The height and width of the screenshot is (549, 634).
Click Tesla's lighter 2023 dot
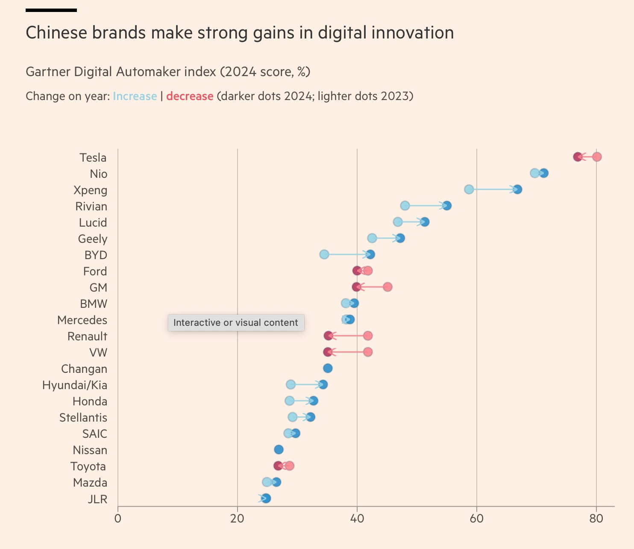pos(597,157)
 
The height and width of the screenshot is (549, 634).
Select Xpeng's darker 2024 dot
pos(517,189)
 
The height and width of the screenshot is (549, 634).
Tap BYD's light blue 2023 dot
pos(324,254)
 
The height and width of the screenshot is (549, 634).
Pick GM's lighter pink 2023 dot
pos(387,287)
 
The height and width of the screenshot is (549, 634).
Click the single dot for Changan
pos(328,368)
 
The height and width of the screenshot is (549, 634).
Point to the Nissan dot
pos(279,449)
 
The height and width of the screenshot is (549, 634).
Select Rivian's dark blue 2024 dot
pos(447,206)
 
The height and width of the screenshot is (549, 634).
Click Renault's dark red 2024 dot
pos(328,336)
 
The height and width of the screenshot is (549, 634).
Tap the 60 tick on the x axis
pos(476,519)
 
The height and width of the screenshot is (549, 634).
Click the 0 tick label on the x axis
pos(118,519)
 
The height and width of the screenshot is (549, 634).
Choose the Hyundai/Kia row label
pos(75,385)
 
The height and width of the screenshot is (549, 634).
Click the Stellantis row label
pos(83,418)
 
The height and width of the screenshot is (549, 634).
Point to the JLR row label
pos(97,499)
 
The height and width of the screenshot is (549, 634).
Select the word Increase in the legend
pos(135,96)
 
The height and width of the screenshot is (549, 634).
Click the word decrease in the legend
pos(190,96)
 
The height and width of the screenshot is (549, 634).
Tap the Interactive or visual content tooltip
pos(236,323)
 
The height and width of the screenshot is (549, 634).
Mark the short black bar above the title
pos(51,10)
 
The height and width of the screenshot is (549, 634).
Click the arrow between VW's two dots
pos(348,352)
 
